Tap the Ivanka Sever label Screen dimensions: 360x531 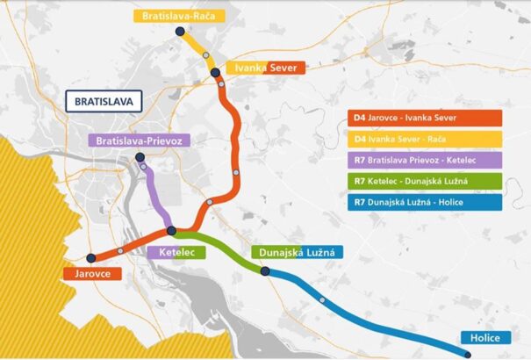[264, 68]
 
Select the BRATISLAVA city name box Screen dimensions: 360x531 [104, 101]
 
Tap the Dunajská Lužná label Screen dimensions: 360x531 [297, 253]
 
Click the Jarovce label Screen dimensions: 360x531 [92, 274]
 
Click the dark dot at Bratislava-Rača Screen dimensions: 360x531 [180, 31]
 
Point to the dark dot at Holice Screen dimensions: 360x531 [467, 355]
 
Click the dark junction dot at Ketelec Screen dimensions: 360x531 [171, 231]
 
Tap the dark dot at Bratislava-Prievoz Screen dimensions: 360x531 [140, 158]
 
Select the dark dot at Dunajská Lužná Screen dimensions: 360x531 [264, 271]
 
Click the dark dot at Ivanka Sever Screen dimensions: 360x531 [215, 73]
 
